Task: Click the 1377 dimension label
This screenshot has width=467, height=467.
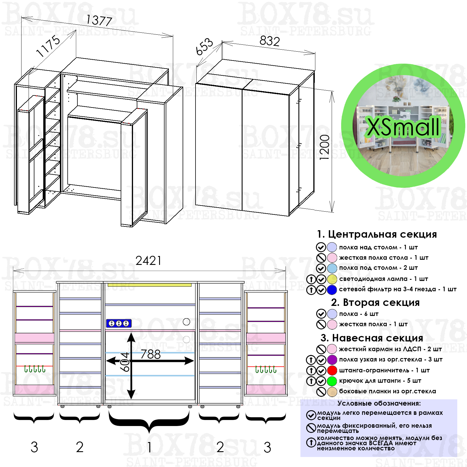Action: (99, 20)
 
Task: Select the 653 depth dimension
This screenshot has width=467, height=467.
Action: (204, 46)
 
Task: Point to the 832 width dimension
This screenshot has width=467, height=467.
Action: (269, 41)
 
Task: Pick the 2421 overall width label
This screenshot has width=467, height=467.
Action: (148, 261)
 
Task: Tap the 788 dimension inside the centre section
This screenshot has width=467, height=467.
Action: (151, 354)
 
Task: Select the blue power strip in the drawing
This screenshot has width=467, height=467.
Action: (119, 323)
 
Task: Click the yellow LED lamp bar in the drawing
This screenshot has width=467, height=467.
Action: (149, 285)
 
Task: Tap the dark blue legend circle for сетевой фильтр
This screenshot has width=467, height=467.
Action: (332, 290)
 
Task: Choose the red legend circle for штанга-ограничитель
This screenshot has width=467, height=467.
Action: (332, 370)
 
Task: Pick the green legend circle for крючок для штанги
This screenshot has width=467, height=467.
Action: (332, 381)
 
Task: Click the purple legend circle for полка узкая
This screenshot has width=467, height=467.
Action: (332, 360)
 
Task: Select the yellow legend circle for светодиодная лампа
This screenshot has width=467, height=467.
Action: (332, 279)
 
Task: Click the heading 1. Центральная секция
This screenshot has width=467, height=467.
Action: (377, 234)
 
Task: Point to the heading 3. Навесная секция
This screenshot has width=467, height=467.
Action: (372, 338)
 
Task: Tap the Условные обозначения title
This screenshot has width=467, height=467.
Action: (379, 403)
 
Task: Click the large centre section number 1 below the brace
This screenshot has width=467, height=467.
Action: (149, 447)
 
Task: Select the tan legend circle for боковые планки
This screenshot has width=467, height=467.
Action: (332, 392)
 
